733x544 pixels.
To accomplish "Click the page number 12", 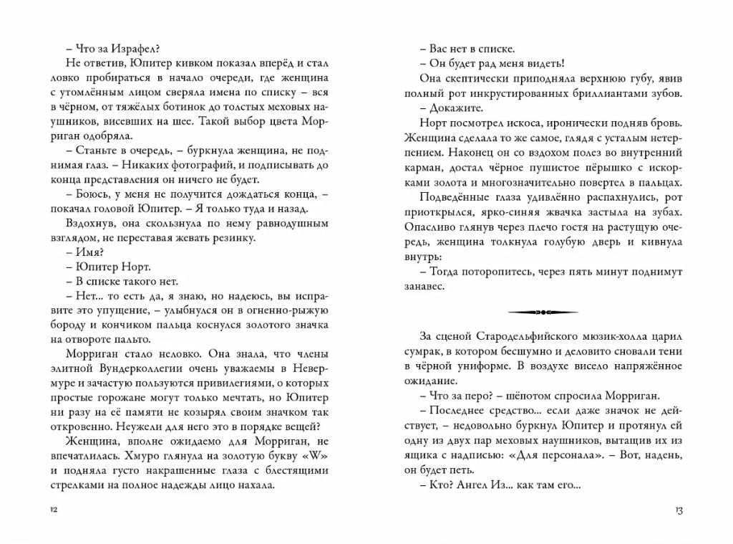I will pos(52,510).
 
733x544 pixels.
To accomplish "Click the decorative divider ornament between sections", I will pos(548,312).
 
